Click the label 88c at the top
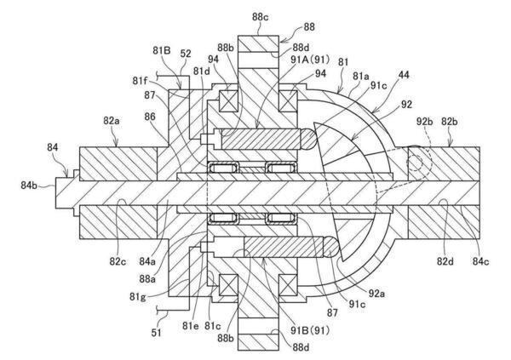coord(260,17)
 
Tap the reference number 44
coord(404,75)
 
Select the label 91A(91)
coord(310,60)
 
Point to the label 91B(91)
coord(310,330)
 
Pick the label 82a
coord(112,121)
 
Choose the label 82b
coord(450,121)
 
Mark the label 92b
coord(425,121)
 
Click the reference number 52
coord(186,54)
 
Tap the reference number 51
coord(156,333)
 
